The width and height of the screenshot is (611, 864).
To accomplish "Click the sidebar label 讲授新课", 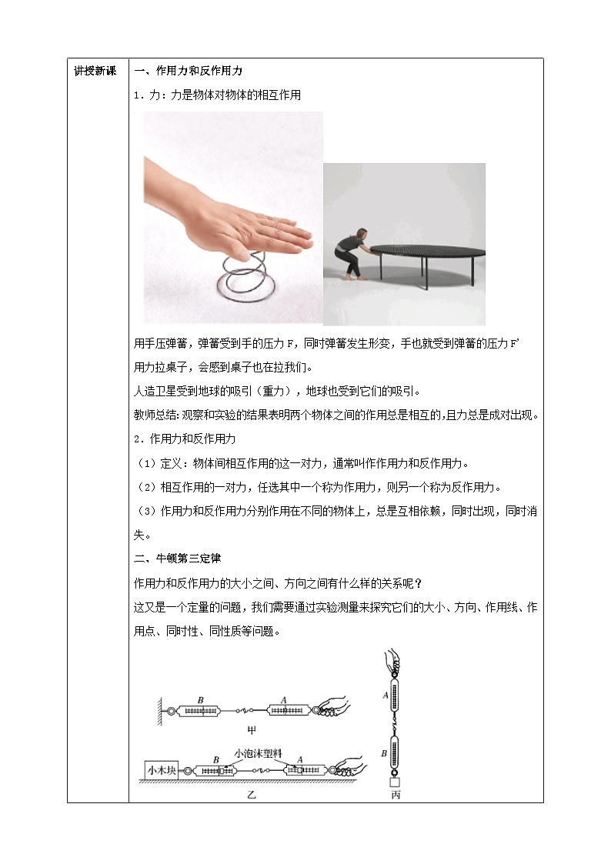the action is (95, 71).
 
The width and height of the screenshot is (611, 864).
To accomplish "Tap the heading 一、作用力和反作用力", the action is (189, 71).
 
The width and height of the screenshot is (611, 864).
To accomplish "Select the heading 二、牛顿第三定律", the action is (178, 559).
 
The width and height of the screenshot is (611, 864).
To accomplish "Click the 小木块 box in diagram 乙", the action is (162, 770).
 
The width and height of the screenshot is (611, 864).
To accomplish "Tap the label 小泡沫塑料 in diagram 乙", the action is (258, 753).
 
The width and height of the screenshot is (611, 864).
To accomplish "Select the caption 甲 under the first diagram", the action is (252, 730).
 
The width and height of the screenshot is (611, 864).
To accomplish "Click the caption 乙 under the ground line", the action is (252, 794).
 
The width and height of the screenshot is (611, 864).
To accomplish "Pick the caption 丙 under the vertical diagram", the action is (396, 794).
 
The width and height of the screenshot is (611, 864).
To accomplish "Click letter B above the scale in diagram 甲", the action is (201, 700).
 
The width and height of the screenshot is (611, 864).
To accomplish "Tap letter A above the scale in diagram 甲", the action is (284, 700).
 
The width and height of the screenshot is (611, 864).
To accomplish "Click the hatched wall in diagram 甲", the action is (159, 712).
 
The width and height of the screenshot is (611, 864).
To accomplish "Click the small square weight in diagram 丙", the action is (395, 782).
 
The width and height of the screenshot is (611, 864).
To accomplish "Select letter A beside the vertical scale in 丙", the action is (386, 696).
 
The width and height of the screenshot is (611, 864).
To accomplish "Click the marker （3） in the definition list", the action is (146, 511).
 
